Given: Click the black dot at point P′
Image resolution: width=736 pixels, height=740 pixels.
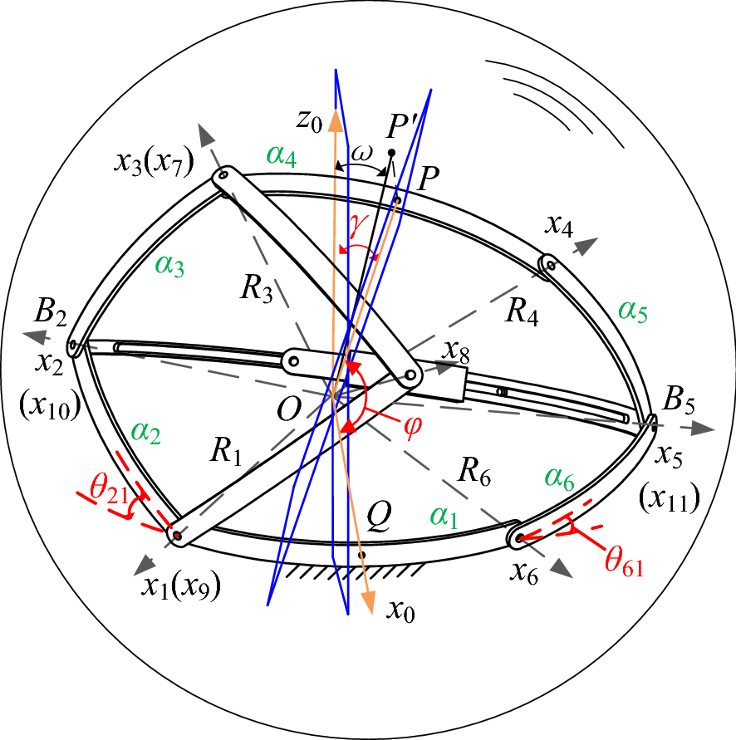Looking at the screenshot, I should click(391, 152).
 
